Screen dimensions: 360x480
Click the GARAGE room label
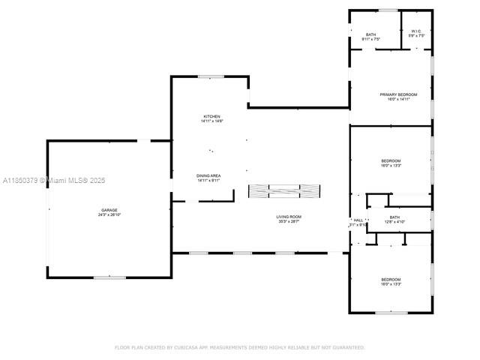109,209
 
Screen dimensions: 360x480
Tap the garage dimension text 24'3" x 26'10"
109,214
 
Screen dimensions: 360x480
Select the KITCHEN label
211,116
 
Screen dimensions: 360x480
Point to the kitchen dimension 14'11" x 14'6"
211,121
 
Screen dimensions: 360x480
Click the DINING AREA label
208,175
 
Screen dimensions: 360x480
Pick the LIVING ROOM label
289,217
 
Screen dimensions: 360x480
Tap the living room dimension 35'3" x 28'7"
289,222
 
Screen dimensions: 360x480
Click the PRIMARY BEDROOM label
397,94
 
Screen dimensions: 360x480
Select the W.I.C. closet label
417,31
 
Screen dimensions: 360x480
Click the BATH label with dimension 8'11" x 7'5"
370,34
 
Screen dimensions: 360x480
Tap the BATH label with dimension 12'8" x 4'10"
394,217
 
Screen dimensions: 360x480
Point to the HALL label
358,220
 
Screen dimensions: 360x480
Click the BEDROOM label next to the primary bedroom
391,160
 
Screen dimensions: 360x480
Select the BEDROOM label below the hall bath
391,279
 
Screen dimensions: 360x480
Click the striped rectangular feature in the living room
284,191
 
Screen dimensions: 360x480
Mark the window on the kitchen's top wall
211,76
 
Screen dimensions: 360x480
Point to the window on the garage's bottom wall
109,277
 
